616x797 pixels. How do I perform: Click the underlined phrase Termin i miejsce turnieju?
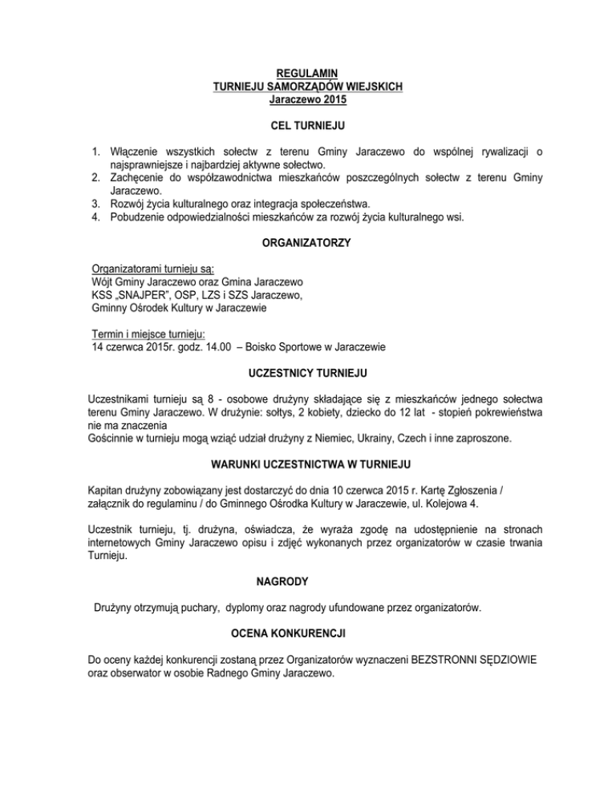pos(150,334)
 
